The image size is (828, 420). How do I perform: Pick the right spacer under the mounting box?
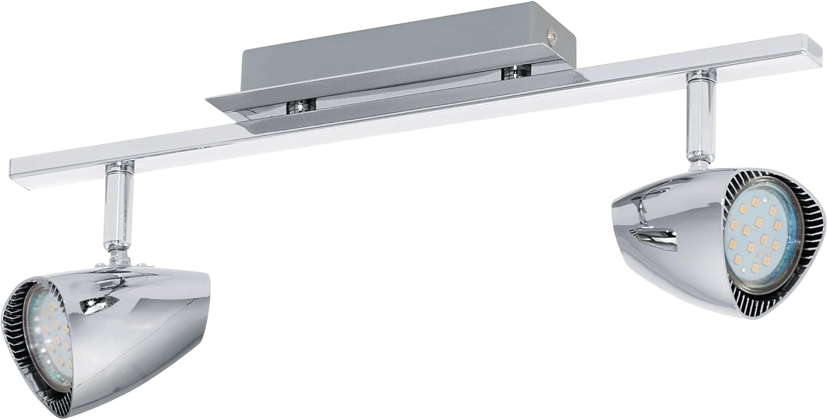click(516, 70)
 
